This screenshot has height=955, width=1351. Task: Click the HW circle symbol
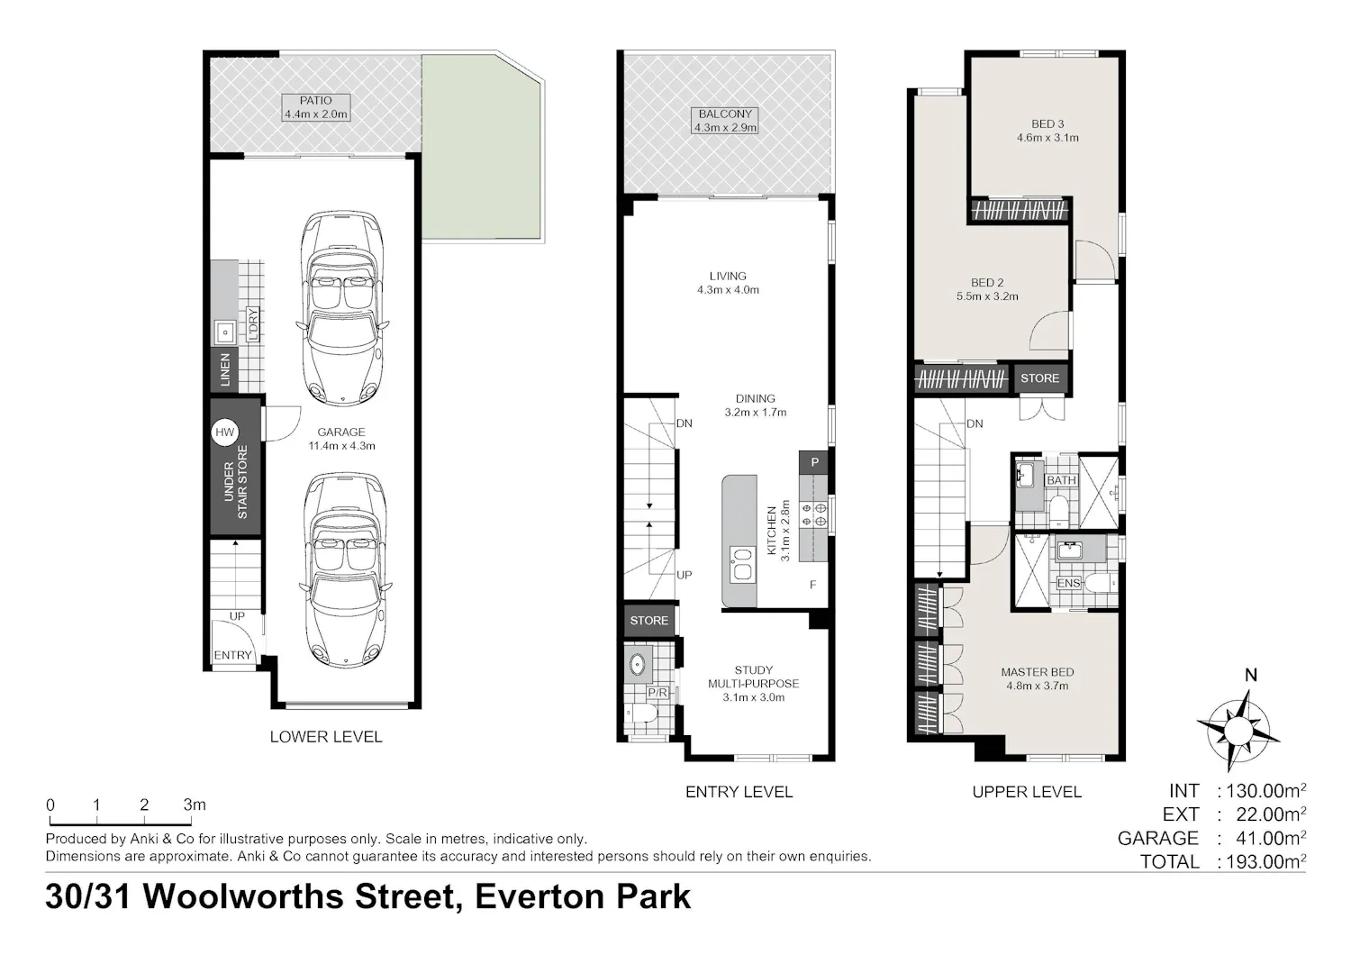point(225,432)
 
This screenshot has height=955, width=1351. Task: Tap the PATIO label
point(315,100)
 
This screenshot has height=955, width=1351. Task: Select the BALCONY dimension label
point(725,127)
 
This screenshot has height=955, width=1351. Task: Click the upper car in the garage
point(342,308)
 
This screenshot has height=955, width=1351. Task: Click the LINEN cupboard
point(224,369)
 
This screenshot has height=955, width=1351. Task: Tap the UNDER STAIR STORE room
point(235,466)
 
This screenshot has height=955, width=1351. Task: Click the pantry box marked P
point(813,462)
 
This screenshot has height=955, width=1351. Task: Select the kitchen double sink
point(742,564)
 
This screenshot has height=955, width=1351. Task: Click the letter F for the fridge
point(813,584)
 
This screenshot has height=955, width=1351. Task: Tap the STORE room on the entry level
point(649,620)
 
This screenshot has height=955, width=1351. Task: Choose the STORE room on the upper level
point(1039,378)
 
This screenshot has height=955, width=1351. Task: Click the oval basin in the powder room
point(637,665)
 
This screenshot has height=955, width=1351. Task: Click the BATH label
point(1061,480)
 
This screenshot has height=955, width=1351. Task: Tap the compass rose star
point(1238,731)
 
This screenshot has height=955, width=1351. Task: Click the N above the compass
point(1251,675)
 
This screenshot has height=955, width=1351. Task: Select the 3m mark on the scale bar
point(195,805)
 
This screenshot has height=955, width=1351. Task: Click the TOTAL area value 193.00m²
point(1263,861)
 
